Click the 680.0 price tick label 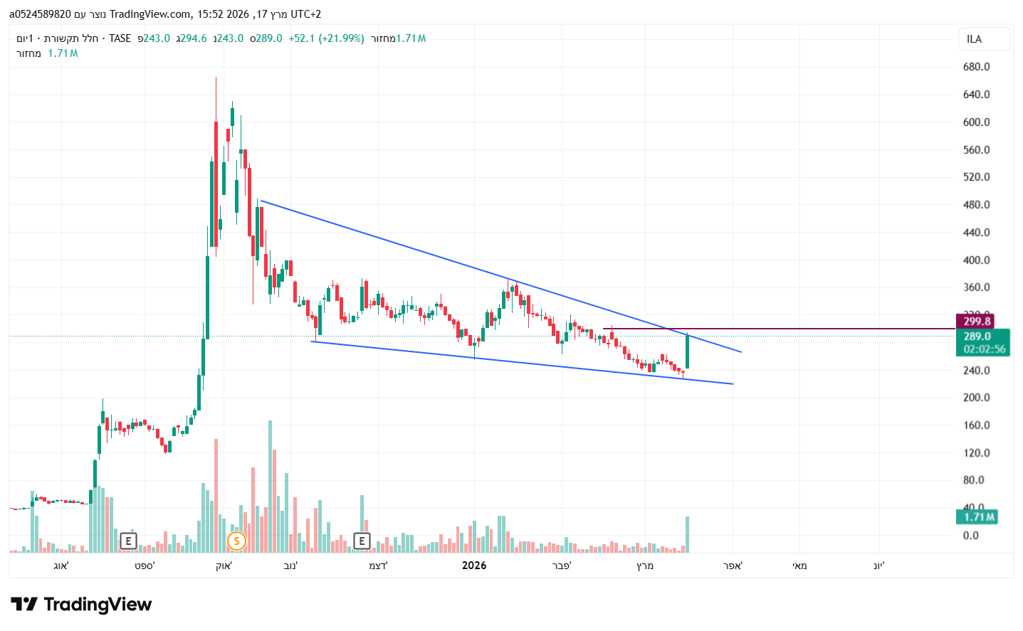coord(976,67)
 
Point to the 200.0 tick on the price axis coord(976,398)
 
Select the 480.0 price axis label coord(976,205)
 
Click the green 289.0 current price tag coord(977,336)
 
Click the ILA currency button coord(984,39)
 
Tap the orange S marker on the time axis coord(236,541)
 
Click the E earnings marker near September coord(128,541)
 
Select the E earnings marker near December coord(362,541)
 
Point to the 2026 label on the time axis coord(474,566)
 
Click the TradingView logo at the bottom coord(81,605)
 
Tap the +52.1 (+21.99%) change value coord(326,38)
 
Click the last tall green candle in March coord(687,352)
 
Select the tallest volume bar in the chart coord(270,487)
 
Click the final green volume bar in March coord(687,534)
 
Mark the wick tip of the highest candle coord(216,78)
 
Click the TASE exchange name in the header coord(120,38)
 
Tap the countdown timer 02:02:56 coord(985,349)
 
